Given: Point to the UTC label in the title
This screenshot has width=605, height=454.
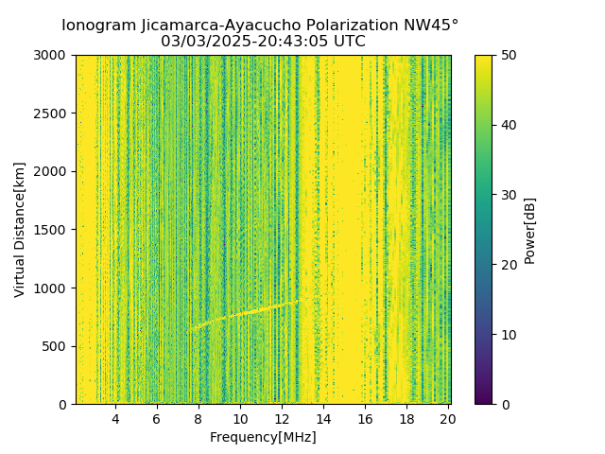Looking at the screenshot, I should (348, 42).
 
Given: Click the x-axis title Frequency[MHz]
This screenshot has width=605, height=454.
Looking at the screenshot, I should (263, 437).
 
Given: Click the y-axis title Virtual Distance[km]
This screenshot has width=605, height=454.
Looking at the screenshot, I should (20, 230).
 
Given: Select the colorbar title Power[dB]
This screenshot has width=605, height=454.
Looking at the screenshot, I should (530, 230).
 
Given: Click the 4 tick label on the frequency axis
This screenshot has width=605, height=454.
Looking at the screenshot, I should (115, 419).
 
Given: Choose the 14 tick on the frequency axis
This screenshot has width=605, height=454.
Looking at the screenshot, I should (323, 419).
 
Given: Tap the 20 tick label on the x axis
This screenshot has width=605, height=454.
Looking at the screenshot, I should (448, 419).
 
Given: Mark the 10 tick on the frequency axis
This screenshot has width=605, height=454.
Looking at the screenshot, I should (240, 419).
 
